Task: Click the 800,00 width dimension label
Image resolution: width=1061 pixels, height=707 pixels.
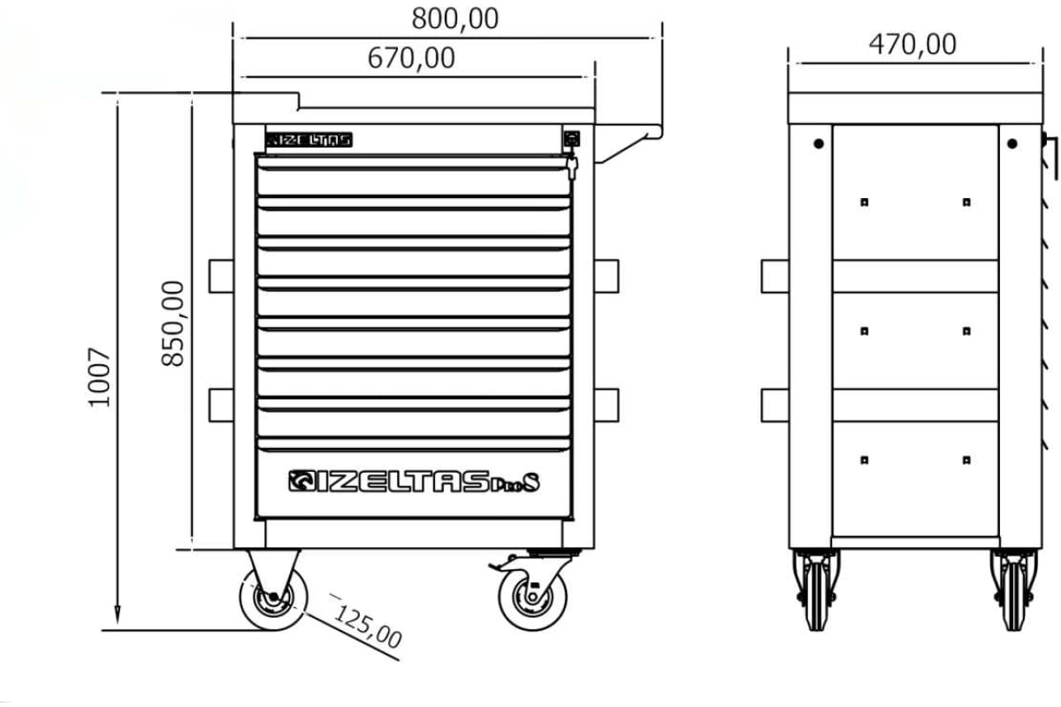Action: click(454, 18)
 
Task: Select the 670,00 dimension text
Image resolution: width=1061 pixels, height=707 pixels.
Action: click(411, 58)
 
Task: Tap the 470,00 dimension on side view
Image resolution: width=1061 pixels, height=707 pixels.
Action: click(912, 44)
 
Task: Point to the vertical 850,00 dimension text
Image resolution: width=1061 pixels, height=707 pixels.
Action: click(174, 323)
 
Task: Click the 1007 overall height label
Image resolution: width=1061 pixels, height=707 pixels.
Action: click(101, 376)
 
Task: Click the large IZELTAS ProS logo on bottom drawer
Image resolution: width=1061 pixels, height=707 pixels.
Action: click(413, 482)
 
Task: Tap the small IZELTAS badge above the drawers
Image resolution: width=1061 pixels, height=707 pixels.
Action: click(309, 140)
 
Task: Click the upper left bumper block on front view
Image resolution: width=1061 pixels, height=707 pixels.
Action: click(221, 275)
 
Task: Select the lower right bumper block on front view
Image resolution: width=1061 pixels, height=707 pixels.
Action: click(607, 406)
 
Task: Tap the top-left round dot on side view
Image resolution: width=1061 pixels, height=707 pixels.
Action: click(818, 143)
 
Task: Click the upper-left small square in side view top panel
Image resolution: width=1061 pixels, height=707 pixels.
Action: click(865, 202)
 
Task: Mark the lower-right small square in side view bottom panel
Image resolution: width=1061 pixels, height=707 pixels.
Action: click(966, 460)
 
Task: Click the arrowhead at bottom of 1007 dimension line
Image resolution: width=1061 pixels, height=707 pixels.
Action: click(117, 615)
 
